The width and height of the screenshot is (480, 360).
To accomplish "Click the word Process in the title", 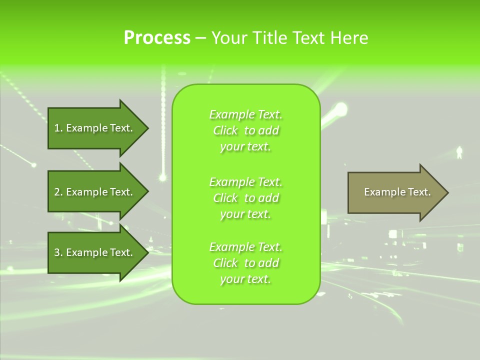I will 157,38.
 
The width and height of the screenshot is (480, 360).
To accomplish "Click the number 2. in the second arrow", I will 58,192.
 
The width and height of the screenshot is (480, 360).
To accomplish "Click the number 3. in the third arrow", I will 58,252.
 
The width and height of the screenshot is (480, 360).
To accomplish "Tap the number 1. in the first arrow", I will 58,128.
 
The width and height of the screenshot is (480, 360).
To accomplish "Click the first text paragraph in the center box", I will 245,130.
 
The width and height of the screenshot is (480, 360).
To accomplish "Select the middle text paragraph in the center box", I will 245,198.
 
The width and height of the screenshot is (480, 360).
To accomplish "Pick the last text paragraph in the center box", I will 245,263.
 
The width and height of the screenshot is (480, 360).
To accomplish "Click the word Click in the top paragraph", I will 225,130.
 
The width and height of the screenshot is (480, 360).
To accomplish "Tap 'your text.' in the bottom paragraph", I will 245,279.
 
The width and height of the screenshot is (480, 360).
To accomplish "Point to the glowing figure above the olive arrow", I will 459,152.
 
